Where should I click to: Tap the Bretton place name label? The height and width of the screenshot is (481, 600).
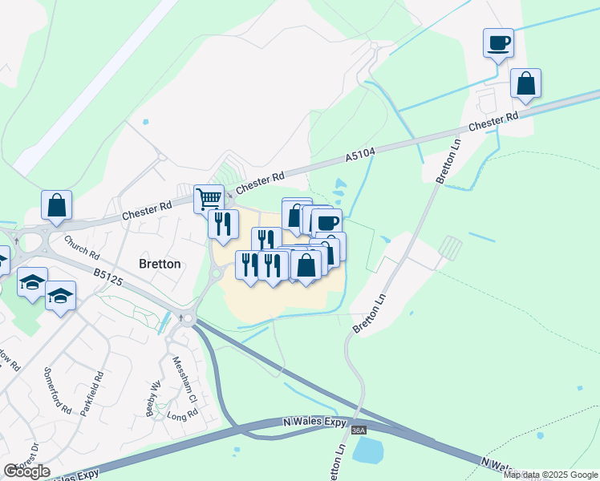tap(159, 264)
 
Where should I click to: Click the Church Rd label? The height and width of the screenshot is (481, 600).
tap(80, 250)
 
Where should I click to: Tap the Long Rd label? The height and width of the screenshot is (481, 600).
tap(182, 415)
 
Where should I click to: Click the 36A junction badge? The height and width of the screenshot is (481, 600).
tap(359, 430)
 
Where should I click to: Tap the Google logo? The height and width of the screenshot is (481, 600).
tap(26, 471)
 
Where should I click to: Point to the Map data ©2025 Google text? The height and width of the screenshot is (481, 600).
tap(550, 475)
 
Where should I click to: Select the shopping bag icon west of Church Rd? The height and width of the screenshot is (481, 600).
tap(57, 204)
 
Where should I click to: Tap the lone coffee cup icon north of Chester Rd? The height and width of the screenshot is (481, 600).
tap(498, 42)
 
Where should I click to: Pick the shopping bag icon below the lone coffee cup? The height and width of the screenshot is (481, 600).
tap(525, 83)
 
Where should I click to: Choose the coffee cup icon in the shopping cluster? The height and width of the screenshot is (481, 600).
tap(326, 222)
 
